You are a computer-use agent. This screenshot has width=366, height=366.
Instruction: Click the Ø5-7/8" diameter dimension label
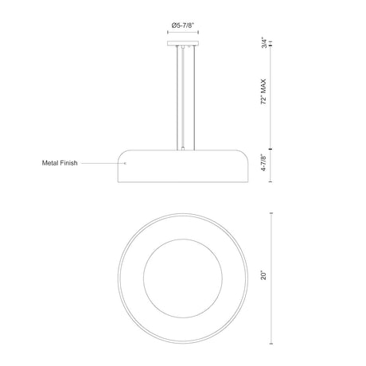click(x=183, y=25)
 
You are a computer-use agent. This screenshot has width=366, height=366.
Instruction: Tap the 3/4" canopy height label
click(x=264, y=43)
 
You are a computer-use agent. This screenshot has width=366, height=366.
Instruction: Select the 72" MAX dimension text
click(x=263, y=91)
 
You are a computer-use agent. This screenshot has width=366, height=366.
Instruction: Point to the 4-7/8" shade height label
click(x=264, y=162)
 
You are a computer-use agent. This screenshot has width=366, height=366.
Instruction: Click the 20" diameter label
click(x=263, y=275)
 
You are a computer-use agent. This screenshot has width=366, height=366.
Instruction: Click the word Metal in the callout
click(x=49, y=163)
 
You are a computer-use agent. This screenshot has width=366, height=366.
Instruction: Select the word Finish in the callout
click(x=68, y=163)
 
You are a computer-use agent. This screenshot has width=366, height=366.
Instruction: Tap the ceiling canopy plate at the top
click(x=183, y=44)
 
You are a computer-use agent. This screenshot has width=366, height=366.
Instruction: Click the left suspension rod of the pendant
click(x=177, y=98)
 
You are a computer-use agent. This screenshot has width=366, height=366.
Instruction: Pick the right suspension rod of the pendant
click(x=194, y=98)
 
